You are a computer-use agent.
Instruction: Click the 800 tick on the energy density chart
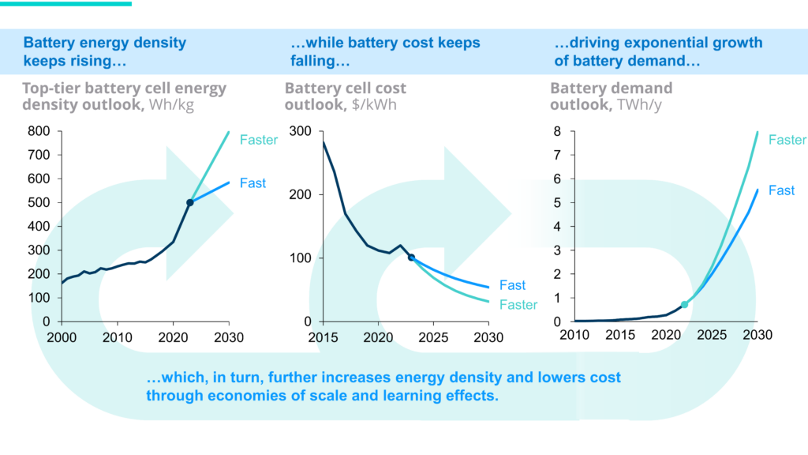point(40,131)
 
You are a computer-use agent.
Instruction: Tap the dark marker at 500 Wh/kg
point(190,203)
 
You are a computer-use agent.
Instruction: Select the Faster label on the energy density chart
point(259,141)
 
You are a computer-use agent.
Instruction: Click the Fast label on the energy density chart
point(252,183)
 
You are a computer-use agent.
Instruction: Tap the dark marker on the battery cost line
point(411,258)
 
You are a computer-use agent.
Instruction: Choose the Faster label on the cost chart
point(518,305)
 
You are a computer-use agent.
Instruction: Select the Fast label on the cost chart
point(512,285)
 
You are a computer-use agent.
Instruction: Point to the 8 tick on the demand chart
point(556,131)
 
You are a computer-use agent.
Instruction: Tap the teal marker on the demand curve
point(685,304)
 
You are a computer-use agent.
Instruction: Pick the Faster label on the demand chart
point(787,141)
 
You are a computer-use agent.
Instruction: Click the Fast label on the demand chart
point(781,190)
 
